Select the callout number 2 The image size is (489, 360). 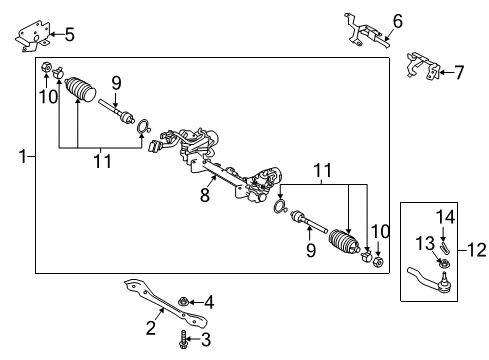point(150,326)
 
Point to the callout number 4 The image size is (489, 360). point(209,301)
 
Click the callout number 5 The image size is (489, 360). point(68,35)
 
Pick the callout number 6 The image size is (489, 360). point(397,19)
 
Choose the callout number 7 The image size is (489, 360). point(459,70)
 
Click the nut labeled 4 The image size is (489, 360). point(184,300)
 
